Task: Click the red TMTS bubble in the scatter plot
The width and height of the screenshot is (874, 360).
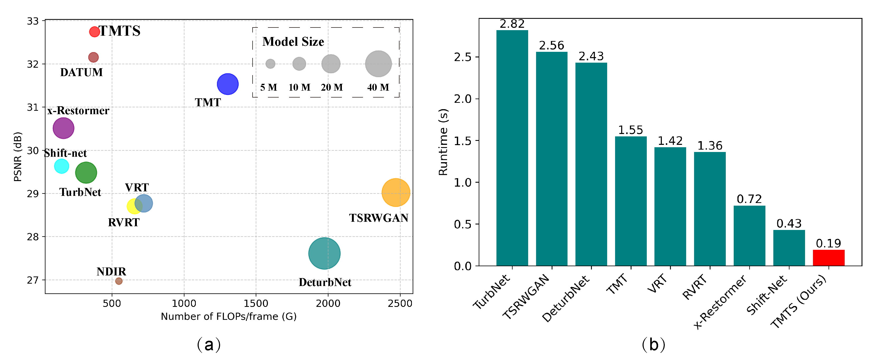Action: (94, 31)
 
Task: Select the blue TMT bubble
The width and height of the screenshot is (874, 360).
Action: (228, 84)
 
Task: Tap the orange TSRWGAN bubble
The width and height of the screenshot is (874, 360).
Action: (396, 192)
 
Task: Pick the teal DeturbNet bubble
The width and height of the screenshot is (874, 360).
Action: (324, 253)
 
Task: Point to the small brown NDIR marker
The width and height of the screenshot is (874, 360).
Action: (119, 281)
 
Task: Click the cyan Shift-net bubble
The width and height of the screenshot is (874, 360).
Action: (61, 166)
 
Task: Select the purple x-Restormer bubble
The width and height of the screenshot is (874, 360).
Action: (63, 128)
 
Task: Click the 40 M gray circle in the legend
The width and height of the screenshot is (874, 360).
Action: (378, 64)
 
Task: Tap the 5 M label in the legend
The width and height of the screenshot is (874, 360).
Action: (268, 87)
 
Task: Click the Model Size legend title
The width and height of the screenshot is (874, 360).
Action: (293, 42)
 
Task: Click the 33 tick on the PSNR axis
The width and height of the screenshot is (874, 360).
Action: (33, 21)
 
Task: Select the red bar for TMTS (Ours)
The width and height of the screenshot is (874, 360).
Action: (828, 258)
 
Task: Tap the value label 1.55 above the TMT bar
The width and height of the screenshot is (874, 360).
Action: (630, 130)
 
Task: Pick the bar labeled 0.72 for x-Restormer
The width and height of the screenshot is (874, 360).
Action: (749, 236)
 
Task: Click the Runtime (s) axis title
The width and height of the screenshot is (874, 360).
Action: (443, 142)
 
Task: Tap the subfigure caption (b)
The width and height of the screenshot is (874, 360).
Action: (653, 345)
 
